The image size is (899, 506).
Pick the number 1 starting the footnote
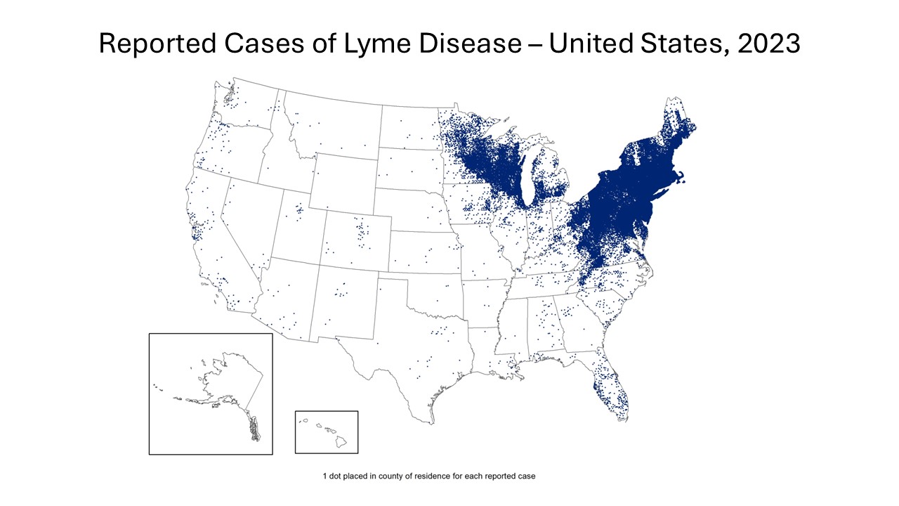[324, 476]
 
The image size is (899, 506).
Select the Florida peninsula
[611, 390]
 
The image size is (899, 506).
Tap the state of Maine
[674, 130]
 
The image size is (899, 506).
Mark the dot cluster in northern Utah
[299, 209]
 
